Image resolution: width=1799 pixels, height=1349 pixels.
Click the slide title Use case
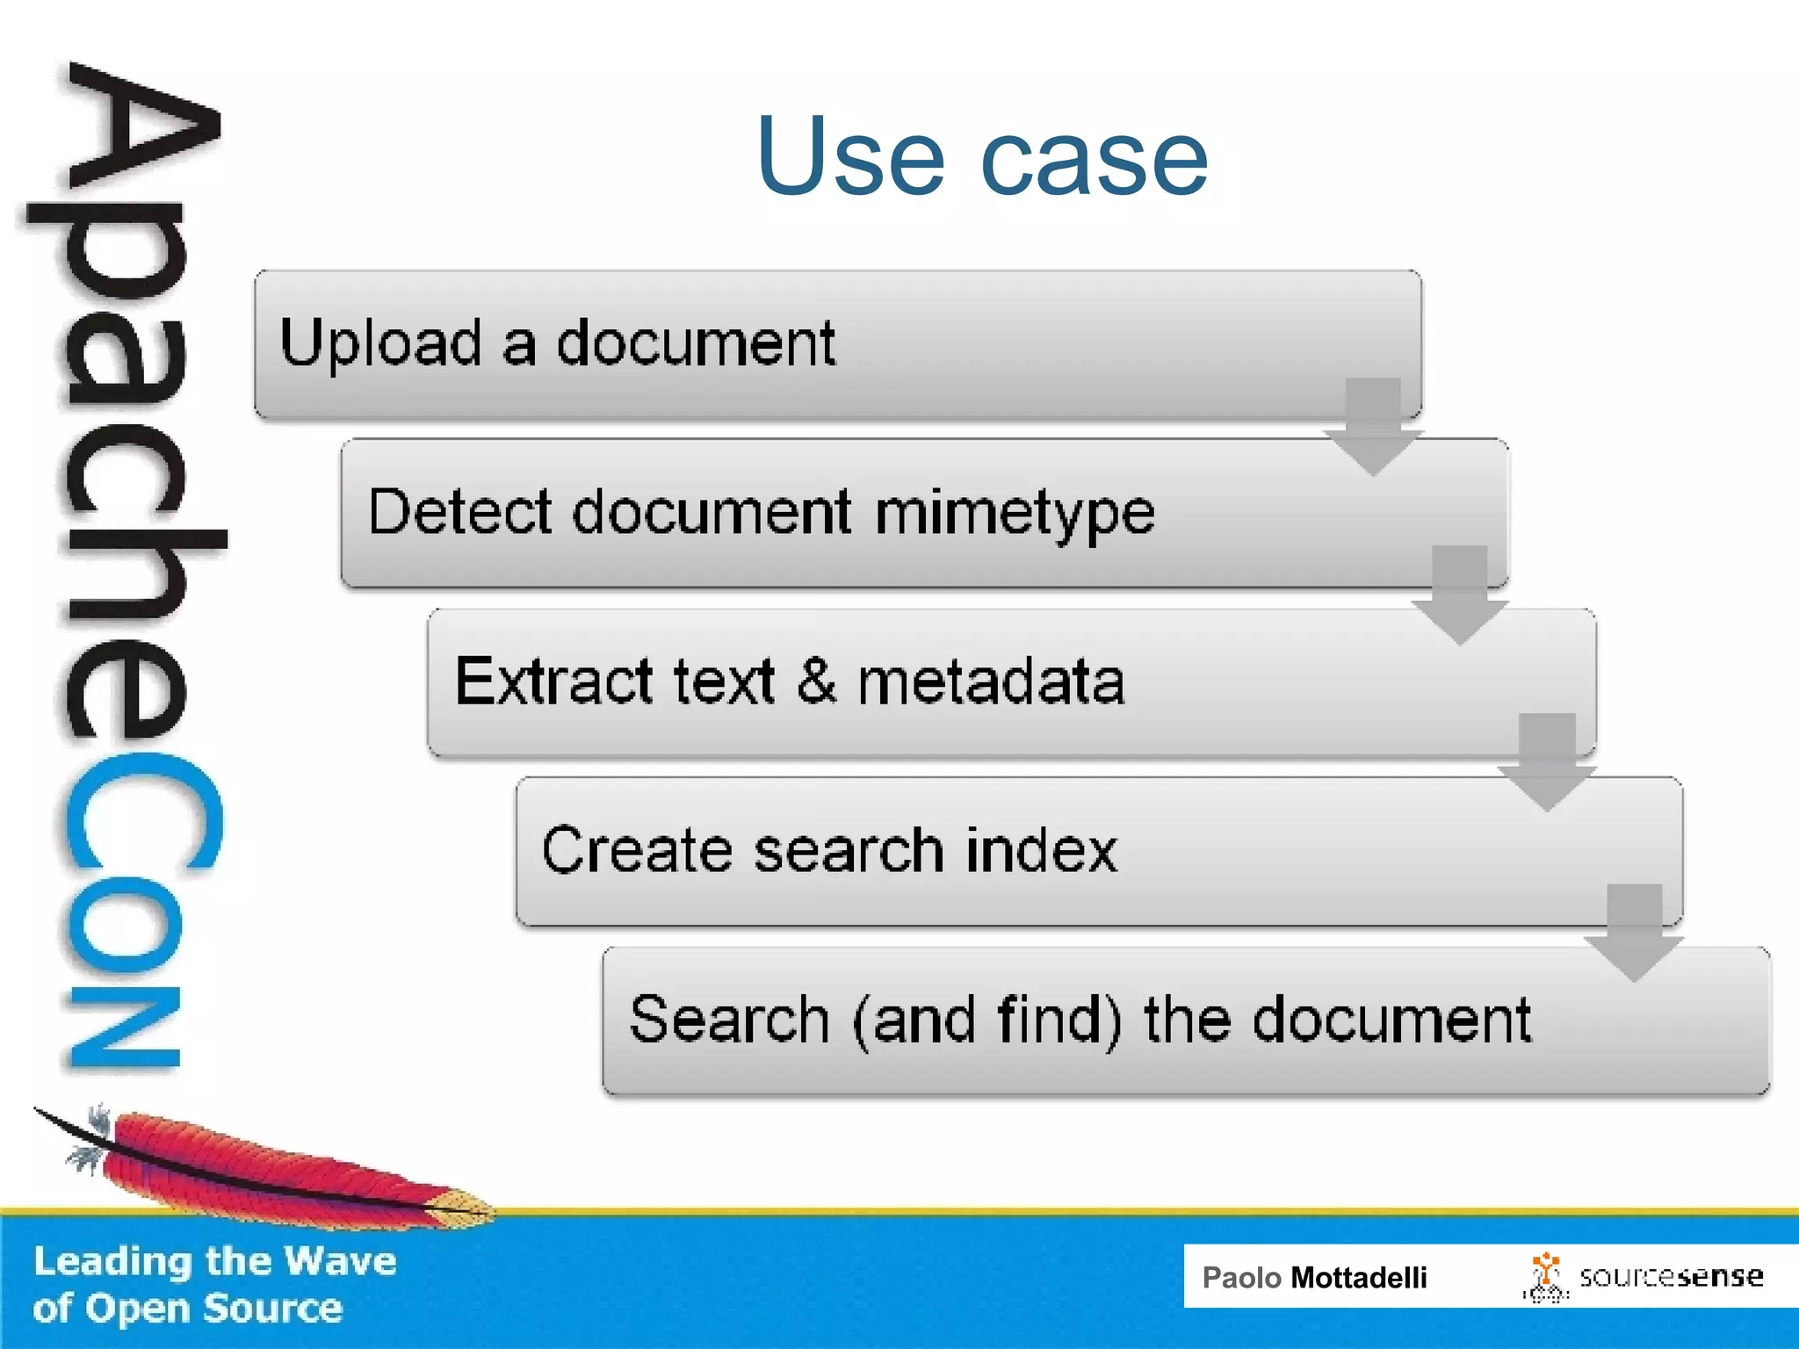(x=982, y=158)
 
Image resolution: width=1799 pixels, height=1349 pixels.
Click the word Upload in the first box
(x=381, y=344)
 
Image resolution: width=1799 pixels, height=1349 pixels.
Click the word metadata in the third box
(x=991, y=682)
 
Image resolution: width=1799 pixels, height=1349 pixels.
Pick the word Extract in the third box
(x=553, y=682)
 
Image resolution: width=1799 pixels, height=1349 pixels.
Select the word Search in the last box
(x=729, y=1020)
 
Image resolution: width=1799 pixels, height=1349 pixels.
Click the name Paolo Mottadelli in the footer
(x=1314, y=1277)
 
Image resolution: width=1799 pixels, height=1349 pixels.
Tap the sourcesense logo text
(x=1671, y=1276)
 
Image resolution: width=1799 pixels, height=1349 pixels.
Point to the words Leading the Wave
(x=215, y=1261)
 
